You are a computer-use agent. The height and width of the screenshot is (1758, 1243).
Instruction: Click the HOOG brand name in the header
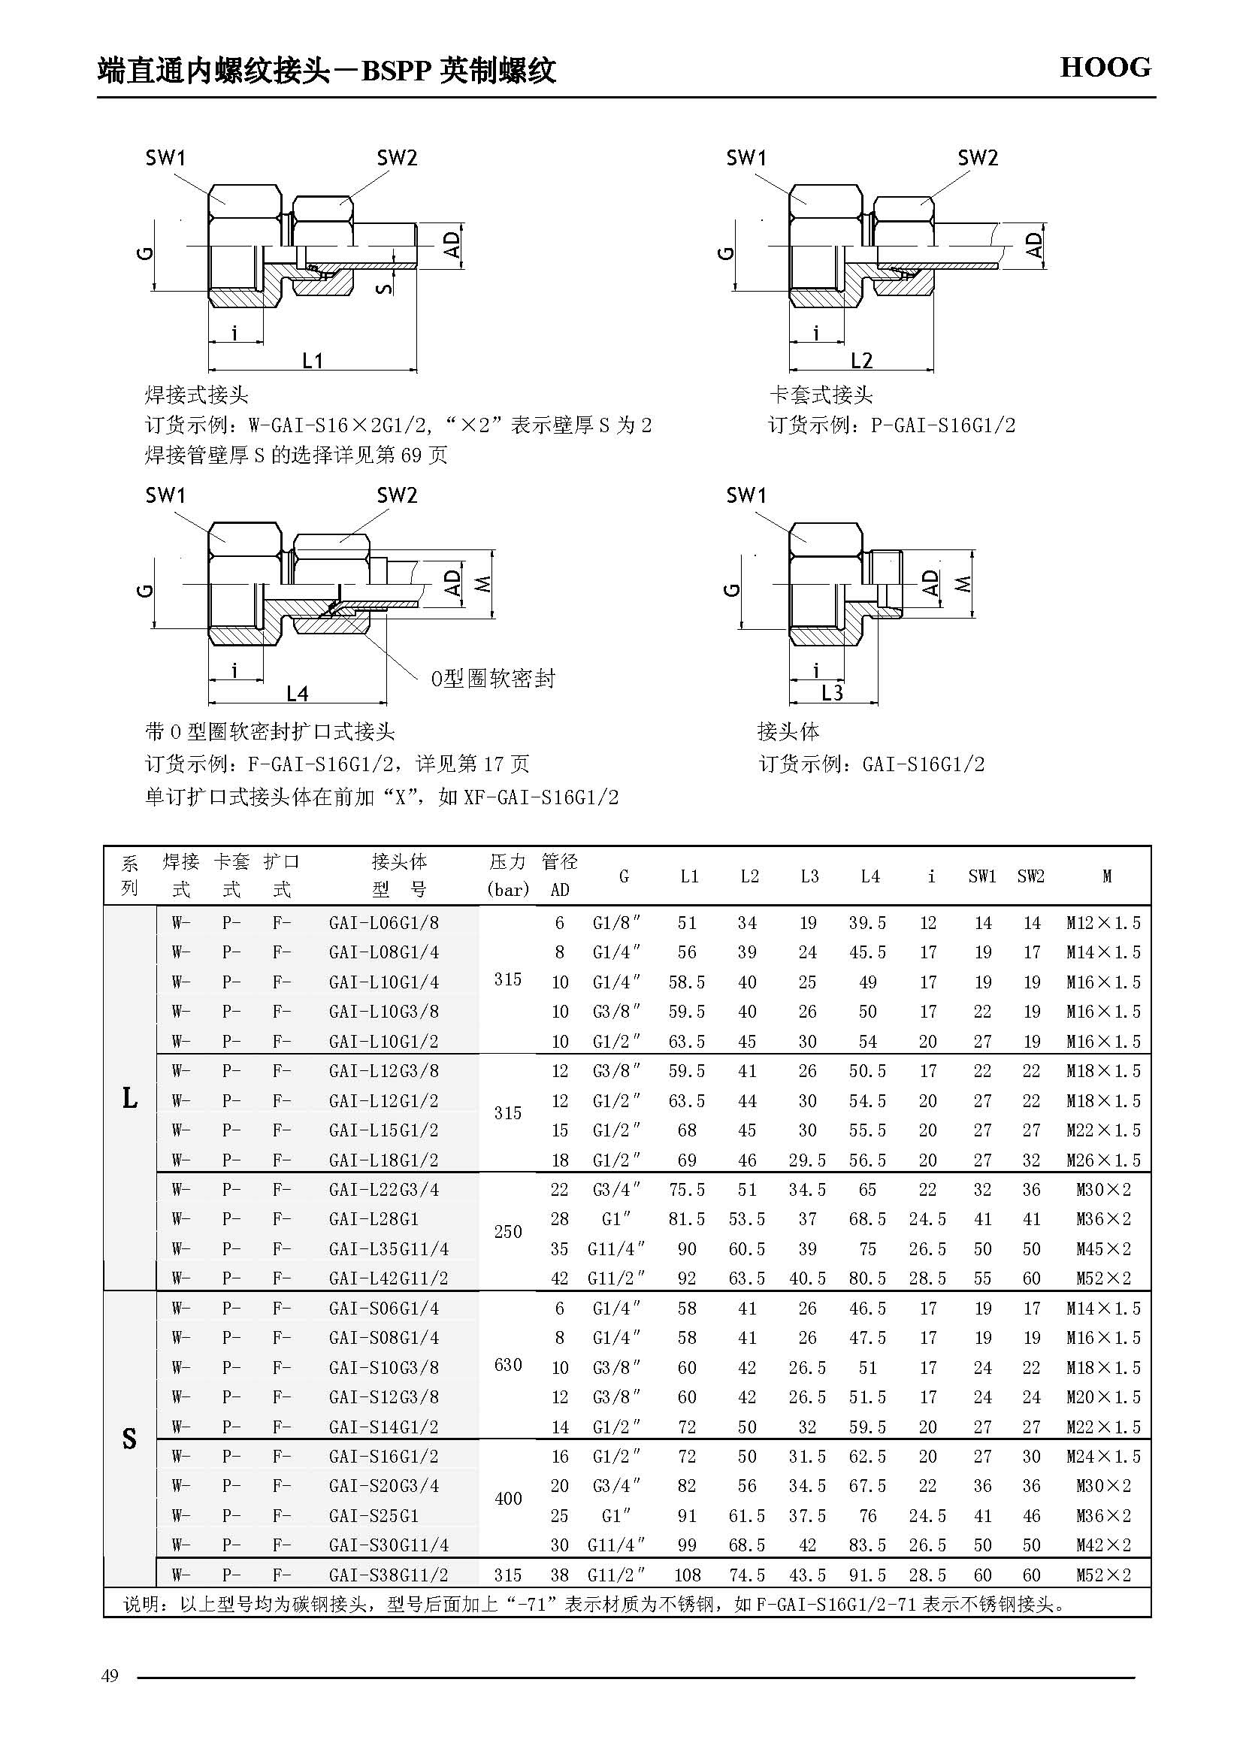[1105, 68]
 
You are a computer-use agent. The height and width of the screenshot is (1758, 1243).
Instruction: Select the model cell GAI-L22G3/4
[384, 1190]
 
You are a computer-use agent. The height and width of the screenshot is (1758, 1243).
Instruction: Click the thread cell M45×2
[1103, 1249]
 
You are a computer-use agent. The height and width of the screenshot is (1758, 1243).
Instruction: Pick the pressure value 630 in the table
[508, 1364]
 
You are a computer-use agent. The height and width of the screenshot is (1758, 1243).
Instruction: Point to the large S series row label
[129, 1439]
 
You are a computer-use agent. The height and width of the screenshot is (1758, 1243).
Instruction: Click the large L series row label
[129, 1099]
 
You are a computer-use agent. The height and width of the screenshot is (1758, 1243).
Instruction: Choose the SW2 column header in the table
[1031, 876]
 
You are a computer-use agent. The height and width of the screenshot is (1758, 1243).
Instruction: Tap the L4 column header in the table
[869, 876]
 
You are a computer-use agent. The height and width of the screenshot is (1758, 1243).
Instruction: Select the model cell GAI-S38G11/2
[389, 1575]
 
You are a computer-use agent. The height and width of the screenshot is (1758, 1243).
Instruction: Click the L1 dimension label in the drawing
[313, 360]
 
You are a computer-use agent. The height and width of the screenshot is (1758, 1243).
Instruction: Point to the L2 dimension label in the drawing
[862, 360]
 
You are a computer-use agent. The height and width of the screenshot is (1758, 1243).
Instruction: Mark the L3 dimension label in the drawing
[832, 693]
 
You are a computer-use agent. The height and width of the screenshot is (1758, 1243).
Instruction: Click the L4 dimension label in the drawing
[297, 694]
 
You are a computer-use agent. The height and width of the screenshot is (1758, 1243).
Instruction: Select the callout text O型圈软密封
[493, 679]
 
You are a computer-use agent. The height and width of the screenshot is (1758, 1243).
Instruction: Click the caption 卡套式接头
[821, 395]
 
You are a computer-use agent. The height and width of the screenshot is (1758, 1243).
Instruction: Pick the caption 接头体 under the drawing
[788, 731]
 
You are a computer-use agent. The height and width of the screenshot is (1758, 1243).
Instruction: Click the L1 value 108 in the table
[688, 1575]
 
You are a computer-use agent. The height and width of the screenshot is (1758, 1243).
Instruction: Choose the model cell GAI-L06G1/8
[384, 923]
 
